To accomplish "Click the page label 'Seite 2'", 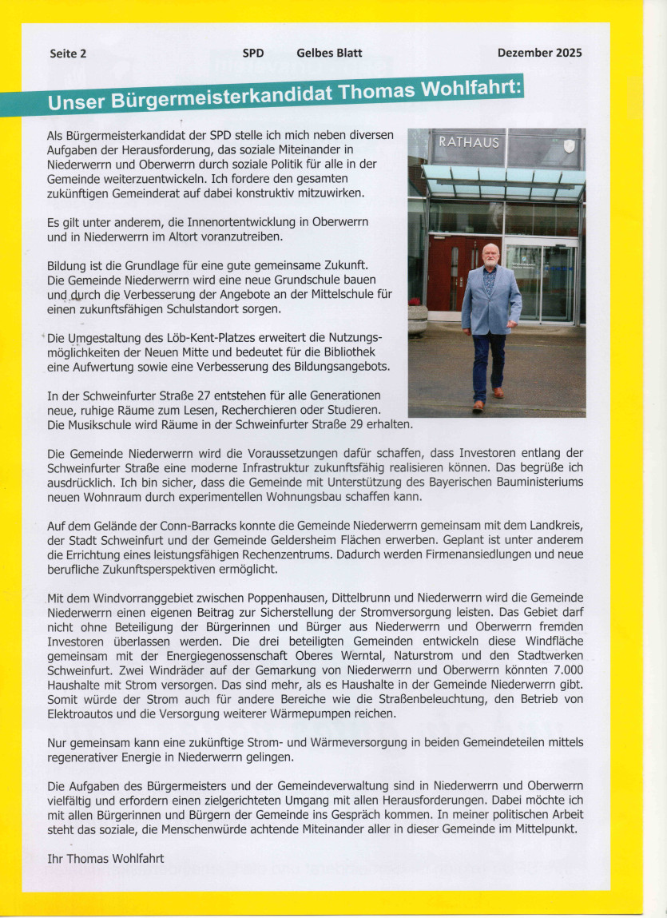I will pos(68,54).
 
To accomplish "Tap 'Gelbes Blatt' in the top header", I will pos(329,53).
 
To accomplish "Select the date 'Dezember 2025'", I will pos(539,53).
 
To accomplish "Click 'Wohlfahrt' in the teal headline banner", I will pos(469,89).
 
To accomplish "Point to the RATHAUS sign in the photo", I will pos(468,143).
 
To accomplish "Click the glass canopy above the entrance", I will pos(503,181).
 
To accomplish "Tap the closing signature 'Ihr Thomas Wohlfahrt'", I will pos(106,859).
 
